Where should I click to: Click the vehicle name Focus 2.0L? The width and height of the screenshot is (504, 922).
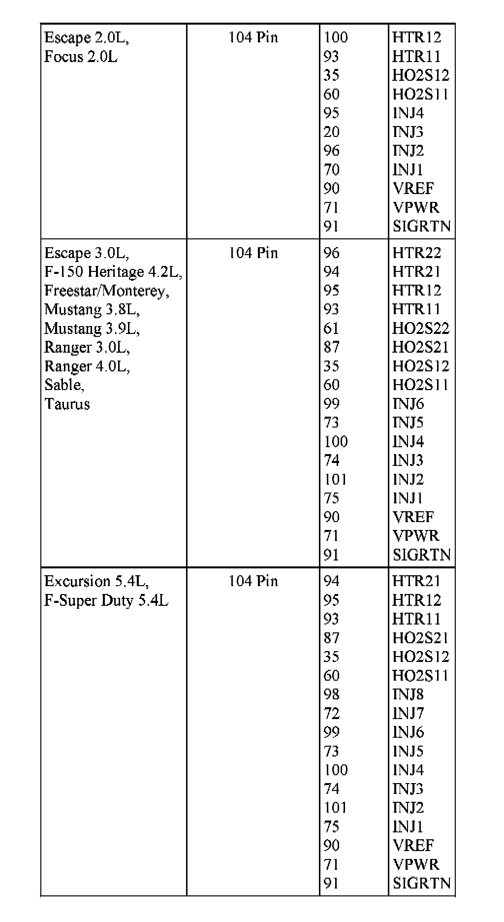tap(81, 57)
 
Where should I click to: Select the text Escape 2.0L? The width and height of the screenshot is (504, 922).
tap(87, 37)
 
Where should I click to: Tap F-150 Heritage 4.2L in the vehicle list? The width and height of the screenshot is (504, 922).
tap(113, 272)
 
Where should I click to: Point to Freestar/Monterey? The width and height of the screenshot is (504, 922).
tap(107, 291)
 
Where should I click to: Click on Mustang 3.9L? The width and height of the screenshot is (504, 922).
tap(92, 329)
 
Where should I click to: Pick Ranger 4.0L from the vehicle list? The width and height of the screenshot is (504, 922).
tap(87, 366)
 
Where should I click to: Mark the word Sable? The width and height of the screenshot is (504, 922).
tap(64, 385)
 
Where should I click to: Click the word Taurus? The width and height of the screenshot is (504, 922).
tap(67, 404)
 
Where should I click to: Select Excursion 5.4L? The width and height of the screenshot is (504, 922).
tap(96, 581)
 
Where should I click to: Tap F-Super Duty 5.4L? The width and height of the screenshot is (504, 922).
tap(106, 600)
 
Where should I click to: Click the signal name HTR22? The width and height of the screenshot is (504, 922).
tap(416, 253)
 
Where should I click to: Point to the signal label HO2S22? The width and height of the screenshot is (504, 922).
tap(420, 329)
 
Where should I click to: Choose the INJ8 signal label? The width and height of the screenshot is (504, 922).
tap(408, 694)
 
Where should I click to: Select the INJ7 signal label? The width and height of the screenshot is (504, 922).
tap(408, 713)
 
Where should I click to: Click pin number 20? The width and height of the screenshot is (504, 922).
tap(331, 132)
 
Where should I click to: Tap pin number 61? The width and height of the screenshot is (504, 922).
tap(331, 329)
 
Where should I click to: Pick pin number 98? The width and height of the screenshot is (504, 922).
tap(331, 694)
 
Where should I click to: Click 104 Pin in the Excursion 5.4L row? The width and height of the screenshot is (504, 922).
tap(253, 581)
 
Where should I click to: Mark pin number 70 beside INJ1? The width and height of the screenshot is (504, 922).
tap(331, 170)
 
